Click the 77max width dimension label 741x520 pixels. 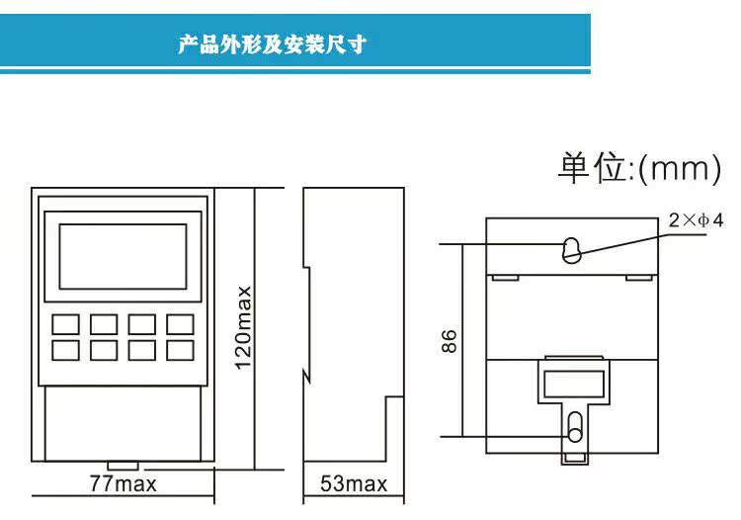pyautogui.click(x=123, y=483)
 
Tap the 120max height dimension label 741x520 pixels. pyautogui.click(x=244, y=327)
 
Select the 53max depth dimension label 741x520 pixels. pyautogui.click(x=354, y=483)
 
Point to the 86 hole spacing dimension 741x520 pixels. pyautogui.click(x=450, y=341)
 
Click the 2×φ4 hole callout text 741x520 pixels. pyautogui.click(x=696, y=220)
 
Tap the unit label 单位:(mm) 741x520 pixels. pyautogui.click(x=640, y=168)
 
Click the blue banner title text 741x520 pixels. pyautogui.click(x=273, y=44)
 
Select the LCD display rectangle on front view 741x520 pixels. pyautogui.click(x=123, y=257)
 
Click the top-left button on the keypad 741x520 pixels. pyautogui.click(x=65, y=324)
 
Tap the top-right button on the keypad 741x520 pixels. pyautogui.click(x=180, y=324)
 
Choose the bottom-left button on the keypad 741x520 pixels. pyautogui.click(x=65, y=350)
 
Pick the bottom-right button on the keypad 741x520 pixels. pyautogui.click(x=180, y=350)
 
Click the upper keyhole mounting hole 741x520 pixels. pyautogui.click(x=571, y=250)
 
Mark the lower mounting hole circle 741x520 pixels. pyautogui.click(x=575, y=434)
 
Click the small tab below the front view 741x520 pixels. pyautogui.click(x=123, y=466)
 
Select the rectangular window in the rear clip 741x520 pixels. pyautogui.click(x=574, y=384)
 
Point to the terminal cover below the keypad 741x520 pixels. pyautogui.click(x=123, y=423)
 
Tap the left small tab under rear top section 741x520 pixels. pyautogui.click(x=505, y=278)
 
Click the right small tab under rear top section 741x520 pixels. pyautogui.click(x=639, y=278)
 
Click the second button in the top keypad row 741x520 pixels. pyautogui.click(x=104, y=324)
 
